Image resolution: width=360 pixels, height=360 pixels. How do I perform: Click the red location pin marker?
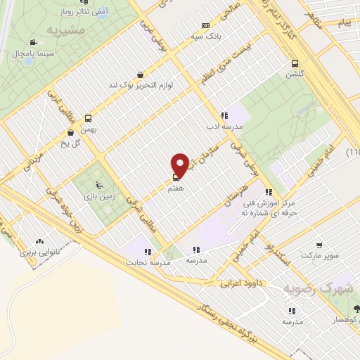point(181,165)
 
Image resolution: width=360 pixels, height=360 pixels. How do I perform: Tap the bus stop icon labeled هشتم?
point(175,177)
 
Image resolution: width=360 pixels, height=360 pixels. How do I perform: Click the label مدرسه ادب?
point(223,127)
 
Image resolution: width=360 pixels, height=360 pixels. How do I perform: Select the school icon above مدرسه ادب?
point(224,115)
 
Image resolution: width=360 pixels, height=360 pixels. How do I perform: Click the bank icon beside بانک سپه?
point(205,25)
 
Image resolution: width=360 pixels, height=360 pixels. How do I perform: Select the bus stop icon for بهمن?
point(89,118)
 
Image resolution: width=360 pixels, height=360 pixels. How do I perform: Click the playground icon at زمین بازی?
point(100,186)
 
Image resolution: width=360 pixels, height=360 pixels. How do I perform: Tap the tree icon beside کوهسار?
point(356,307)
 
